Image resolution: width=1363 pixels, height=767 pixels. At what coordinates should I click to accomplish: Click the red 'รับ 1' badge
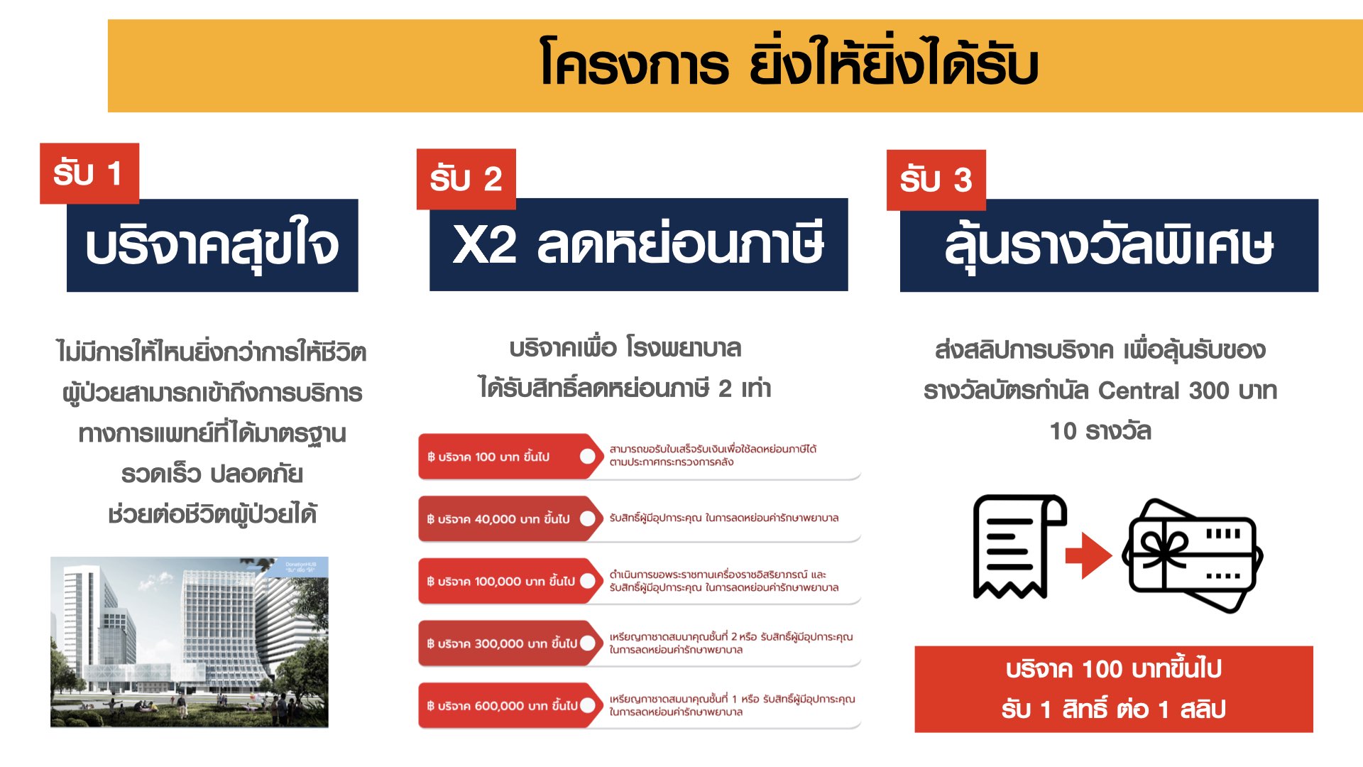89,173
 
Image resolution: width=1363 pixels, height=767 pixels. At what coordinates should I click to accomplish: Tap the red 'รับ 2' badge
466,179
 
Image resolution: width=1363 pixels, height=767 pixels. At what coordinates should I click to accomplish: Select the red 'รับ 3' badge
936,180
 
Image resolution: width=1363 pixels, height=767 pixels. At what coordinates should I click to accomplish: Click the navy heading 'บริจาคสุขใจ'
212,245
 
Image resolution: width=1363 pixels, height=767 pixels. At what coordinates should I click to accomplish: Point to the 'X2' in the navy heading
485,245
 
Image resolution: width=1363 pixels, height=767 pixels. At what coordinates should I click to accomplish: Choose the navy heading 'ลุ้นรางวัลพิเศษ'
1109,245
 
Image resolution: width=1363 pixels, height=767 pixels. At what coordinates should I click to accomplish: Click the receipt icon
1019,547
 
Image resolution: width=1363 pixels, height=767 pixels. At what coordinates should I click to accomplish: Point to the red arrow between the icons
1089,555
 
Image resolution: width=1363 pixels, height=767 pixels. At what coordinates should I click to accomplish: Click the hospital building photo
190,642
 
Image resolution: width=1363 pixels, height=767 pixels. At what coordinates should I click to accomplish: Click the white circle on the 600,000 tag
588,705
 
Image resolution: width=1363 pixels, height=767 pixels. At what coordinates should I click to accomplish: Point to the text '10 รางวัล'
1100,431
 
